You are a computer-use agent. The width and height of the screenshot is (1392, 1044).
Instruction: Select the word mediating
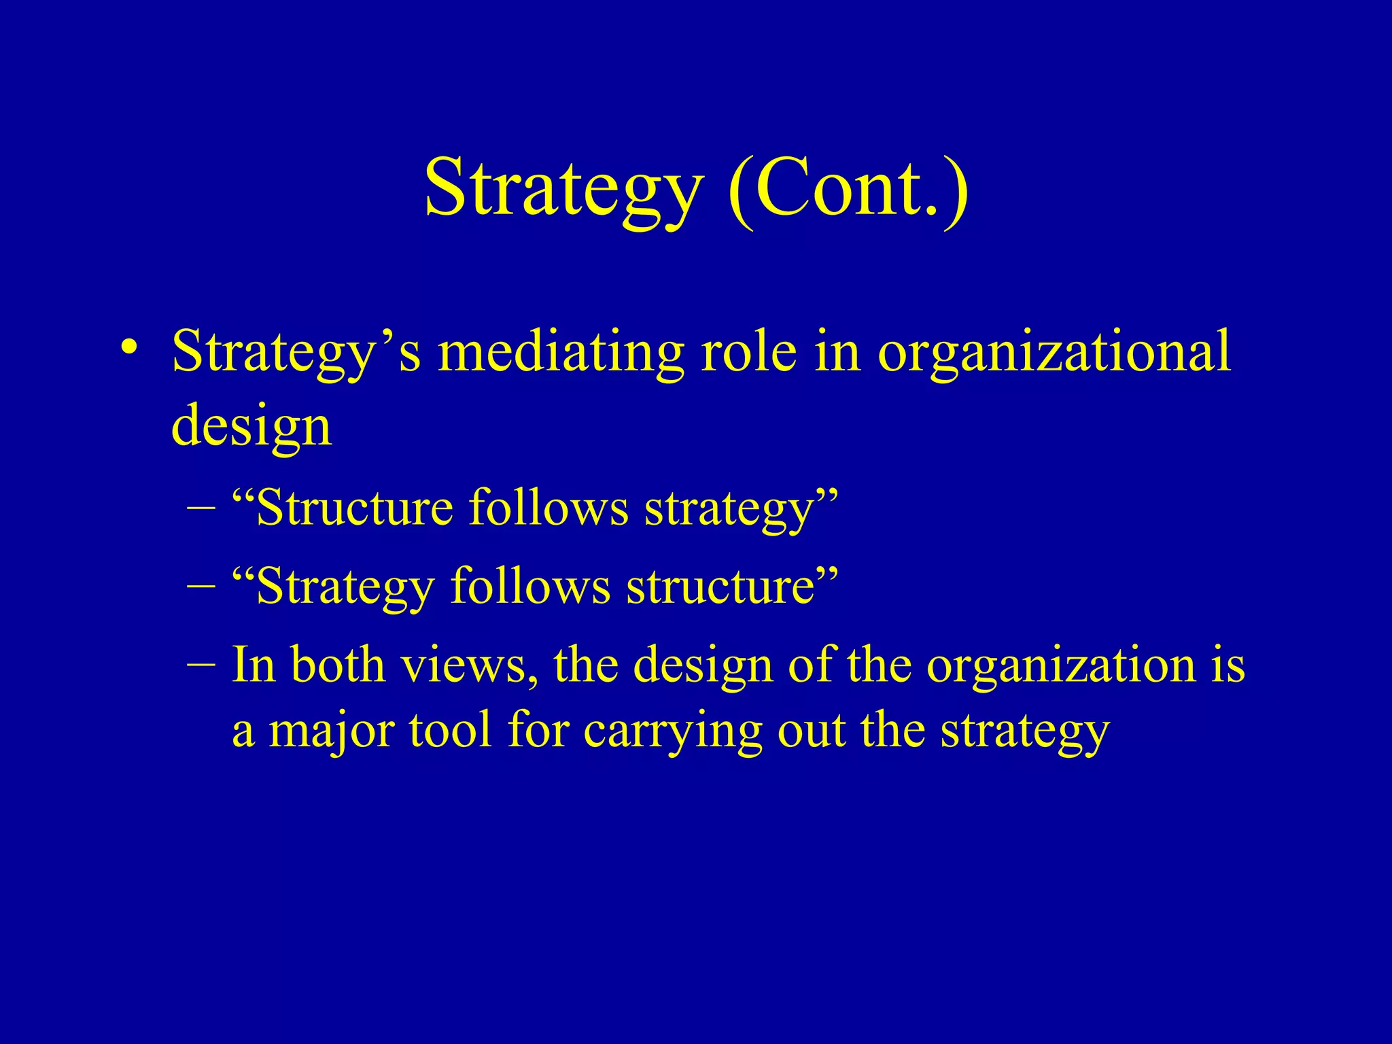(x=561, y=353)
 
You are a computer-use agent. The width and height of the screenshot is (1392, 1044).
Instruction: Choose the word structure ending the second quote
(x=721, y=585)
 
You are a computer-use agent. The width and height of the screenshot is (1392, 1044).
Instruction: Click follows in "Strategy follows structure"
(x=530, y=585)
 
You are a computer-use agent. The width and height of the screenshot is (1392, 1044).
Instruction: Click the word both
(x=338, y=663)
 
